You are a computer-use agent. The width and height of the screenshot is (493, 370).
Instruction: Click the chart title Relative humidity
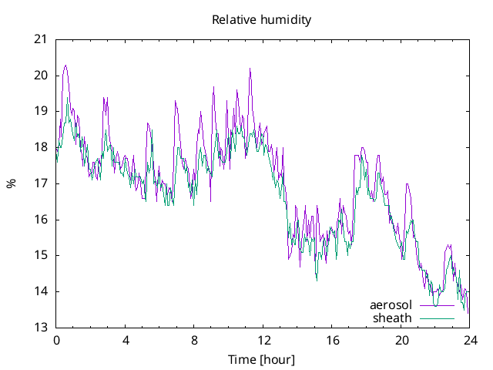(262, 20)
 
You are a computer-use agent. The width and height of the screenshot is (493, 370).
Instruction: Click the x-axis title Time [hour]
(262, 359)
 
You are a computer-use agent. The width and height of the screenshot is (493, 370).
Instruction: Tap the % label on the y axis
(11, 183)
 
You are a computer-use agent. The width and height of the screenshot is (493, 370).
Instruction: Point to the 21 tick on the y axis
(42, 39)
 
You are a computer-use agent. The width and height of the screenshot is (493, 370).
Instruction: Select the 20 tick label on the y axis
(42, 76)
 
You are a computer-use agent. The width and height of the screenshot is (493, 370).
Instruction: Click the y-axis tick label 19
(42, 111)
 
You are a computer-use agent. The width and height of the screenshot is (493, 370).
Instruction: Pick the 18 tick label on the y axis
(42, 147)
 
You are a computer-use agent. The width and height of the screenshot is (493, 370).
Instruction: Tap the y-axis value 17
(42, 183)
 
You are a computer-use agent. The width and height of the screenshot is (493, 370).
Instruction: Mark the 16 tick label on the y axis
(42, 220)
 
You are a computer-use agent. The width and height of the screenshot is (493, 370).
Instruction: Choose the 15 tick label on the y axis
(42, 255)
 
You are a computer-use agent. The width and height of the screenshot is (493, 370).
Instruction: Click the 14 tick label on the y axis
(42, 291)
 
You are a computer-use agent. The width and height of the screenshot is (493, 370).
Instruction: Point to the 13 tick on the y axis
(42, 328)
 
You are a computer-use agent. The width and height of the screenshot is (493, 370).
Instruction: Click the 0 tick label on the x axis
(56, 341)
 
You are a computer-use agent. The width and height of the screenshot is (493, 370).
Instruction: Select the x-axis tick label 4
(125, 341)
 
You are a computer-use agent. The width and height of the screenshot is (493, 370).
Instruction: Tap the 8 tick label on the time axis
(194, 341)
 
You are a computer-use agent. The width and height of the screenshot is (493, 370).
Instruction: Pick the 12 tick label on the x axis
(263, 341)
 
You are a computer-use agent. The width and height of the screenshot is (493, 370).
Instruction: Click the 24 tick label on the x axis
(470, 341)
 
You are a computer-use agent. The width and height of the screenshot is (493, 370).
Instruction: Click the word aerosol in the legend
(391, 305)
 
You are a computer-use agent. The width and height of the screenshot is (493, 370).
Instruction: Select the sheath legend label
(393, 318)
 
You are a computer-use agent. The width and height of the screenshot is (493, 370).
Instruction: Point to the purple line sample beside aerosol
(437, 305)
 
